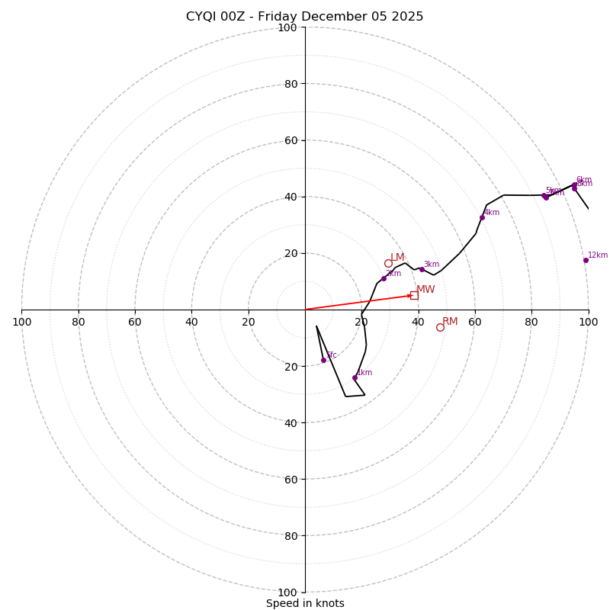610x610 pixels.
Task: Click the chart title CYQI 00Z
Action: pos(221,17)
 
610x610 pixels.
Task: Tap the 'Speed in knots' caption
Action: pos(305,603)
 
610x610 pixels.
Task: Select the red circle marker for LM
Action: pos(388,263)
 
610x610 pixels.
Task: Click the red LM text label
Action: pos(397,258)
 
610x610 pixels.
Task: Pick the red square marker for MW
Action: pos(414,295)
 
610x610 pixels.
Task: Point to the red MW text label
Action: pos(425,290)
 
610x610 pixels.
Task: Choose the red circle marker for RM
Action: pos(440,327)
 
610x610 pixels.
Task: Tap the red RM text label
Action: pos(450,322)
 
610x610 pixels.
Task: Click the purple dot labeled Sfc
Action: pos(323,360)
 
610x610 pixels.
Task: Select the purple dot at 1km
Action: pos(355,377)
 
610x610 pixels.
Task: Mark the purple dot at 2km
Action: pos(384,278)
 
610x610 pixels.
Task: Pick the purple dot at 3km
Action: pos(422,269)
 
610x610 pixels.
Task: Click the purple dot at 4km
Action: pos(482,217)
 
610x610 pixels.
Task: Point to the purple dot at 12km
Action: pos(586,260)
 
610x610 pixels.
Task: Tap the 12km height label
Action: pos(598,255)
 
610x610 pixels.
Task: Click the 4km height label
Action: pos(492,213)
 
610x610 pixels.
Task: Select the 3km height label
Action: pos(432,265)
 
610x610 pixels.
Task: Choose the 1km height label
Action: pos(364,373)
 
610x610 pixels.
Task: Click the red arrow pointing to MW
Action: pos(358,302)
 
